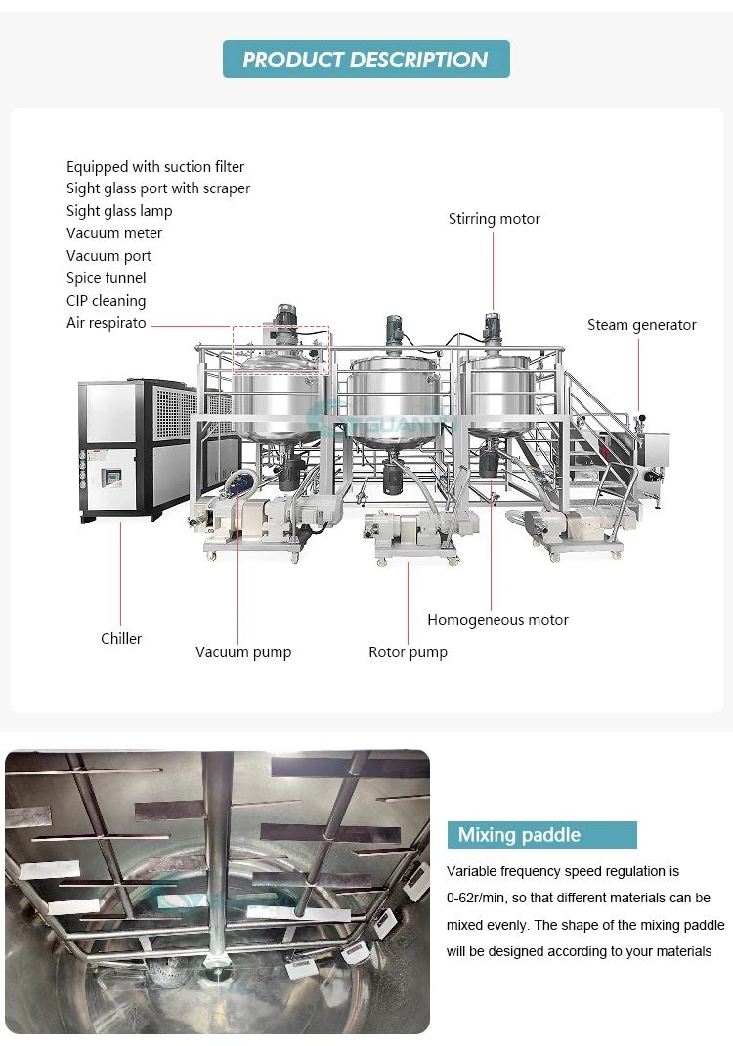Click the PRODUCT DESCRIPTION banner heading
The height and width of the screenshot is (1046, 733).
pos(366,60)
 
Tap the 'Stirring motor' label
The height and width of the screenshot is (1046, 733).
pos(494,219)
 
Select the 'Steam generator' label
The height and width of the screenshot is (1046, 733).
pos(641,325)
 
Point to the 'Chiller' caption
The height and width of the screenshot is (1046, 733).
pos(121,639)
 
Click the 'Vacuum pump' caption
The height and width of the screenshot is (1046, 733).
pos(243,652)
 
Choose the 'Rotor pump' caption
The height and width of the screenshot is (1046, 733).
pos(408,652)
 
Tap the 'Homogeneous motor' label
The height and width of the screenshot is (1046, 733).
pos(497,620)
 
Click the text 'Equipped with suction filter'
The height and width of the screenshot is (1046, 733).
pos(155,167)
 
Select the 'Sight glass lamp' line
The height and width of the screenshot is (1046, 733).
pos(119,211)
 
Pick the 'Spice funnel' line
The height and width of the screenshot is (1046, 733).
pos(107,278)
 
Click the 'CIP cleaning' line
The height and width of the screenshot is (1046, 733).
pos(107,301)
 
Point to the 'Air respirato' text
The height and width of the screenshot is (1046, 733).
pos(107,323)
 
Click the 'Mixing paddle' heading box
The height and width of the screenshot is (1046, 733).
pos(541,835)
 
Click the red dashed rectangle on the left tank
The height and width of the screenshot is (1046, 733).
pos(280,350)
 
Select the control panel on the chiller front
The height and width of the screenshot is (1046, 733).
pos(110,478)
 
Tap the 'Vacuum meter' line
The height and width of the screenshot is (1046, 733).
pos(114,233)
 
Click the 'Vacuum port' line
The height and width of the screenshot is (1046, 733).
pos(108,256)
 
